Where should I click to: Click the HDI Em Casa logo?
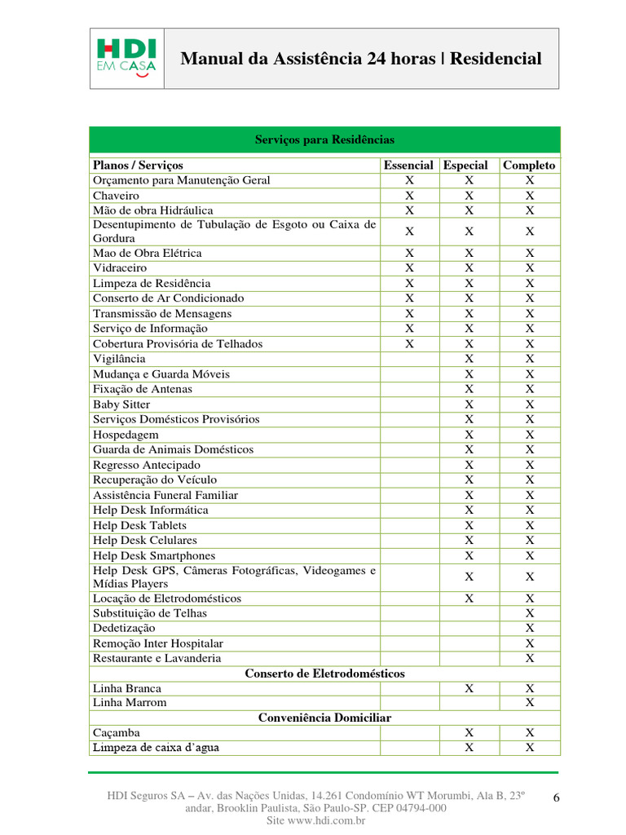(x=126, y=58)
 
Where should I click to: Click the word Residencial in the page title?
(x=496, y=59)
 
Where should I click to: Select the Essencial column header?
(x=408, y=165)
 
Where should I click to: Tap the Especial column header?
(x=465, y=165)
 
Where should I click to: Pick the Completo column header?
(x=529, y=165)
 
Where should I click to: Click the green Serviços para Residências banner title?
(x=324, y=140)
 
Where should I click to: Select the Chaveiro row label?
(x=116, y=196)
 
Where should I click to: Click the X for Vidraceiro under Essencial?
(x=409, y=268)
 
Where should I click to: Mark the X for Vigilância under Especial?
(x=469, y=359)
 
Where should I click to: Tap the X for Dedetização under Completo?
(x=530, y=628)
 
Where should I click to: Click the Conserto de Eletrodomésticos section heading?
(x=324, y=674)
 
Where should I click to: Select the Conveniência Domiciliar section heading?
(x=324, y=718)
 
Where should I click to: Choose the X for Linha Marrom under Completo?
(x=530, y=703)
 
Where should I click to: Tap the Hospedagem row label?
(x=126, y=435)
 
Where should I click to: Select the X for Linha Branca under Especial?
(x=469, y=688)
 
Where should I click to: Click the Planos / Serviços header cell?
(x=138, y=165)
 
